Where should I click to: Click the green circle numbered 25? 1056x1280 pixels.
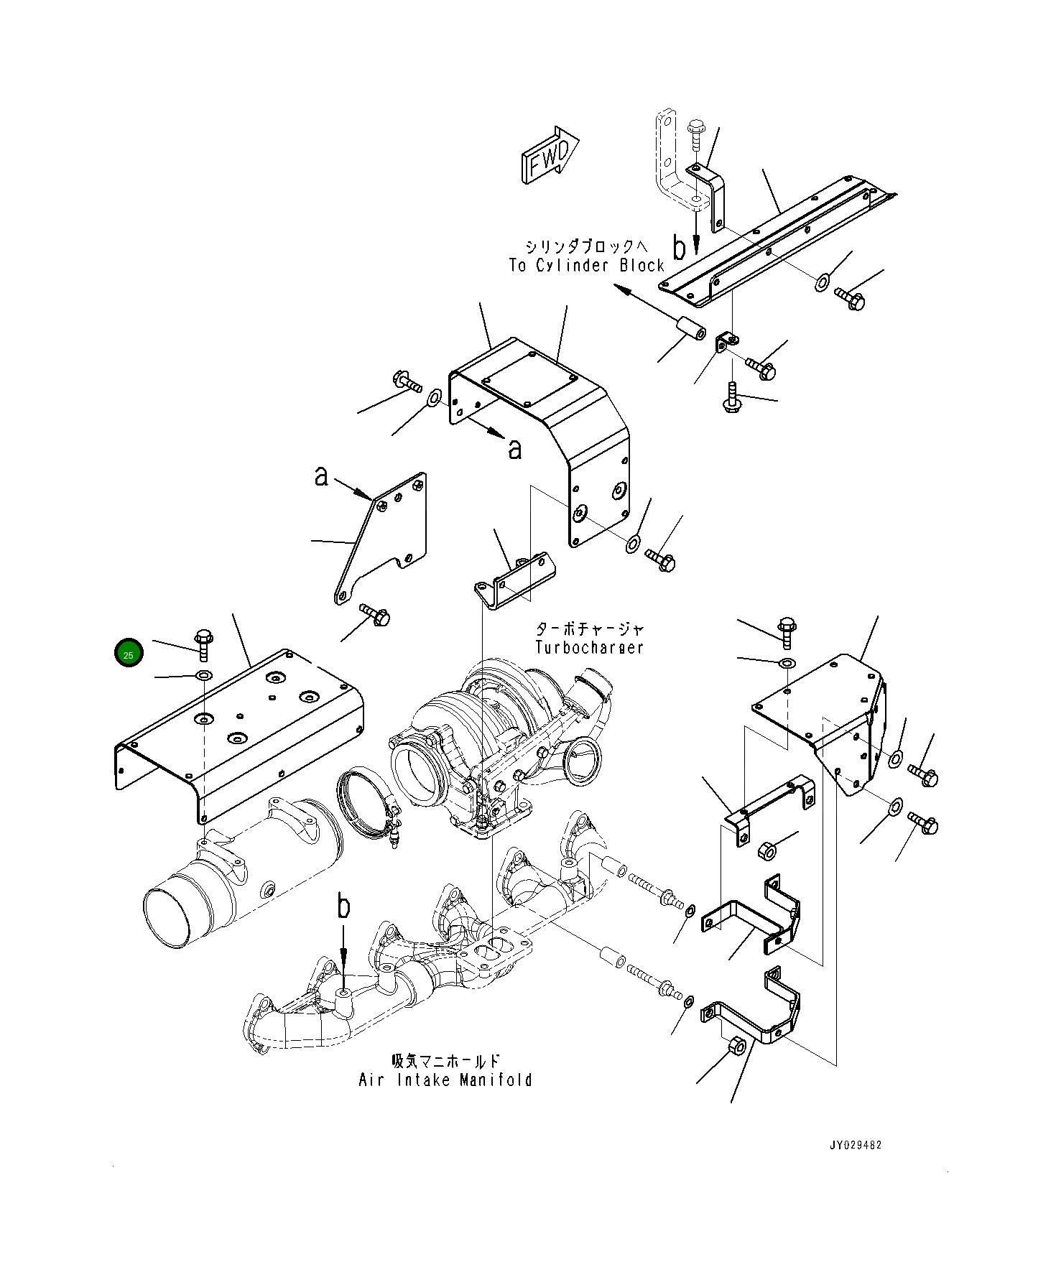[x=129, y=652]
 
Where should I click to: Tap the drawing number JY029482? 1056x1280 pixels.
[x=855, y=1145]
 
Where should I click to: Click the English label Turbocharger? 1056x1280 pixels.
[x=589, y=647]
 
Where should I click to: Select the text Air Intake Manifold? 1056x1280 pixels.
[x=445, y=1080]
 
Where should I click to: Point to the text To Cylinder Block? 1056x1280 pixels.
[x=586, y=266]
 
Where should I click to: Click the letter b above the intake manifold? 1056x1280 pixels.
[x=344, y=907]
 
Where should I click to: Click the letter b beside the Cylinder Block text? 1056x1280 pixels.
[x=679, y=248]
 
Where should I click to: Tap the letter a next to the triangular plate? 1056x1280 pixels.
[x=322, y=476]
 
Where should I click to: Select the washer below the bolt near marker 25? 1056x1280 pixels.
[x=204, y=675]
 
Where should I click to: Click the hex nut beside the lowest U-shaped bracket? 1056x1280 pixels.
[x=737, y=1046]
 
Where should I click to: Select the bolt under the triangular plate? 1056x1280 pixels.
[x=376, y=614]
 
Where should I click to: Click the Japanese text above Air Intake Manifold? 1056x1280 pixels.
[x=445, y=1061]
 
